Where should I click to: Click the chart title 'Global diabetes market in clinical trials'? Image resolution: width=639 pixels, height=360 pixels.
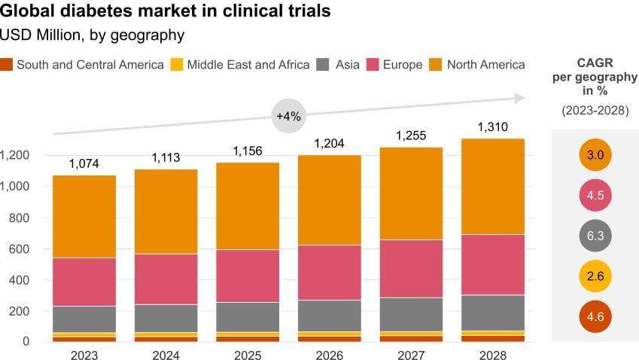point(166,12)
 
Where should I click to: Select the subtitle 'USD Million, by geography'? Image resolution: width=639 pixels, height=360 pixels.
point(92,35)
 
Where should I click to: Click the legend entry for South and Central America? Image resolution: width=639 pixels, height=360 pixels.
point(82,65)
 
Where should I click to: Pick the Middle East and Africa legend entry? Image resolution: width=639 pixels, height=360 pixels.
point(240,65)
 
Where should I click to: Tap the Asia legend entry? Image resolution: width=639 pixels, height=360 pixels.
point(339,65)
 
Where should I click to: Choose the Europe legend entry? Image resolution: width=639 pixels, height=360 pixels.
point(395,65)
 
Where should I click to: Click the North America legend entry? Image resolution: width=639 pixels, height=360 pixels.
point(478,65)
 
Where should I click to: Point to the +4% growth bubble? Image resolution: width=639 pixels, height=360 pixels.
point(288,117)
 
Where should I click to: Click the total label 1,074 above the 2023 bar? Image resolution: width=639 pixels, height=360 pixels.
point(84,163)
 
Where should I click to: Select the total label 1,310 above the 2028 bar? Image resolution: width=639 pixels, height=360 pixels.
point(492,127)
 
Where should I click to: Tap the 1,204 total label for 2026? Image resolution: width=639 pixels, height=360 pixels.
point(329,143)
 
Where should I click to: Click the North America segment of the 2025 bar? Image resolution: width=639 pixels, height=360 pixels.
point(248,206)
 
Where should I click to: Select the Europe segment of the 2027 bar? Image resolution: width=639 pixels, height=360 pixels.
point(411,268)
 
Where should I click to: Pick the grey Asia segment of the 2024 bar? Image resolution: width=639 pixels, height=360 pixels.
point(166,318)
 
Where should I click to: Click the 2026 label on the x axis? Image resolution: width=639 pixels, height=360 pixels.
point(329,354)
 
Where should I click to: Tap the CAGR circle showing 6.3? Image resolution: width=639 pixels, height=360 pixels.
point(595,236)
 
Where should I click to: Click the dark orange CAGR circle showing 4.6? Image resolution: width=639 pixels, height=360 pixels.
point(595,316)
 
